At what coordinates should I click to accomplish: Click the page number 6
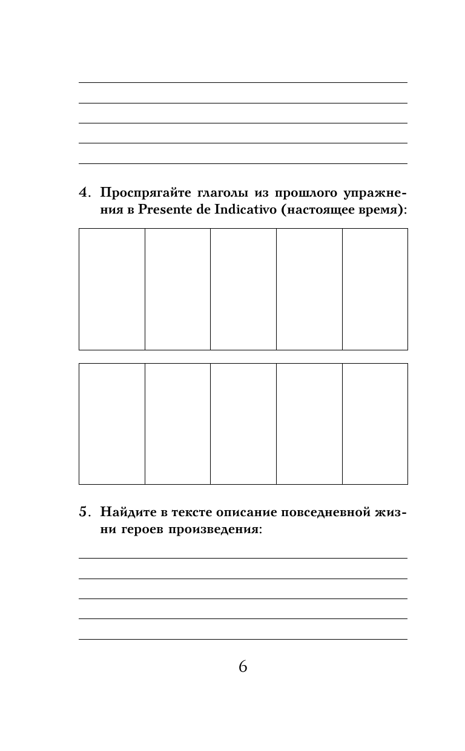[243, 667]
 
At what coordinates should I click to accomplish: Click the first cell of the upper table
[112, 289]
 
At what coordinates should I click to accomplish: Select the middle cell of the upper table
[243, 289]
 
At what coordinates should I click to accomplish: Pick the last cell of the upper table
[375, 289]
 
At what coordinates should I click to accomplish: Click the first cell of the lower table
[112, 424]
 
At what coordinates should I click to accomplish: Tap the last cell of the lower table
[375, 424]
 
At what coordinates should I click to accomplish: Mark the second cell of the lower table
[177, 424]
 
